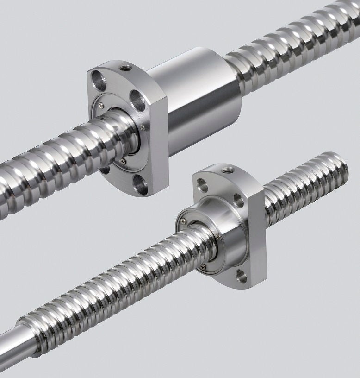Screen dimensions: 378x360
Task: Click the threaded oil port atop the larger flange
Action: click(x=124, y=68)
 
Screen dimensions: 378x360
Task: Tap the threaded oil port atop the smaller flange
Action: click(x=227, y=170)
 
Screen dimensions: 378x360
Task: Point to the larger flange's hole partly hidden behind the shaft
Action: click(x=105, y=169)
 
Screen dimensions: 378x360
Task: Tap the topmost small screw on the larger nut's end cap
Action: click(x=100, y=106)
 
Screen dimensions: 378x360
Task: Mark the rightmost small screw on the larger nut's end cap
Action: click(x=142, y=128)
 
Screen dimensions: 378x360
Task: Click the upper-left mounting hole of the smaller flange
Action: click(x=202, y=185)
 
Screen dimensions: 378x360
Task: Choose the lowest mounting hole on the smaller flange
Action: click(x=241, y=276)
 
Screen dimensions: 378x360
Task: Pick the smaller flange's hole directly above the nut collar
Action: click(x=239, y=201)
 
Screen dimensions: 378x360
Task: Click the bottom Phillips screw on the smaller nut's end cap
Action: click(x=203, y=267)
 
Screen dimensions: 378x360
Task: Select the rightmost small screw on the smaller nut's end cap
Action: click(x=218, y=237)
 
